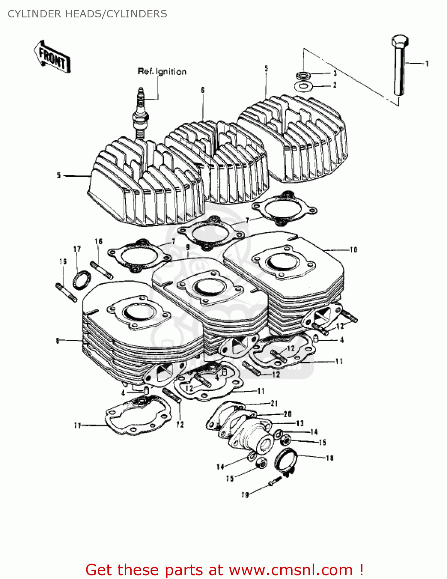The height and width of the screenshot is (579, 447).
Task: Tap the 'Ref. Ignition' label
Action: [162, 71]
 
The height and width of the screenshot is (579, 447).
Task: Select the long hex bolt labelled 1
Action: [400, 66]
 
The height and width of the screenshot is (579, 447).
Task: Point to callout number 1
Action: [427, 64]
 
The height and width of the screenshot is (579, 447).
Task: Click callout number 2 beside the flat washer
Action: [335, 85]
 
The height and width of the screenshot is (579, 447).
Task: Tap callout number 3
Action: [335, 73]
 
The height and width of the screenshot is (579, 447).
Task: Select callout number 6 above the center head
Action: [203, 90]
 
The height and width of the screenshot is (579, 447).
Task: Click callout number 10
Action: [353, 250]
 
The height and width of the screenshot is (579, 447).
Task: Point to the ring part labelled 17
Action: [82, 280]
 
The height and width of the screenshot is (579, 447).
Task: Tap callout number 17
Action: [77, 249]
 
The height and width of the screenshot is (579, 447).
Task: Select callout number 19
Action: [245, 495]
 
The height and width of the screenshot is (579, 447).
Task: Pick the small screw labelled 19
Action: [274, 481]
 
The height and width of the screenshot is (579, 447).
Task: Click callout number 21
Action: [274, 403]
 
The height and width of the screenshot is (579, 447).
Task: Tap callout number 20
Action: [288, 414]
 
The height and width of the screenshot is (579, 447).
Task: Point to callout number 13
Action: [300, 423]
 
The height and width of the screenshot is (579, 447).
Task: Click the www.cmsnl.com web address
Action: [291, 570]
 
